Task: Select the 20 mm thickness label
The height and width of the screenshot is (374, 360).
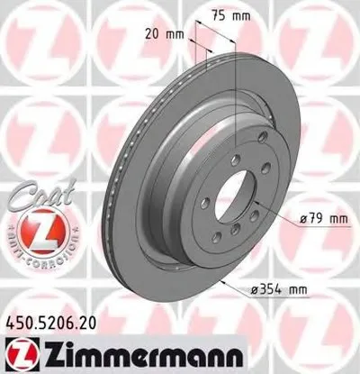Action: pos(163,33)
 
